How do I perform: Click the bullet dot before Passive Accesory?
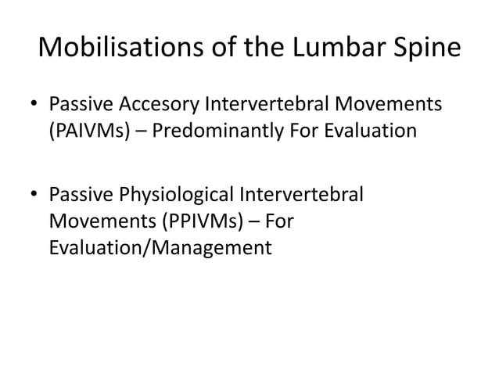point(36,106)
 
